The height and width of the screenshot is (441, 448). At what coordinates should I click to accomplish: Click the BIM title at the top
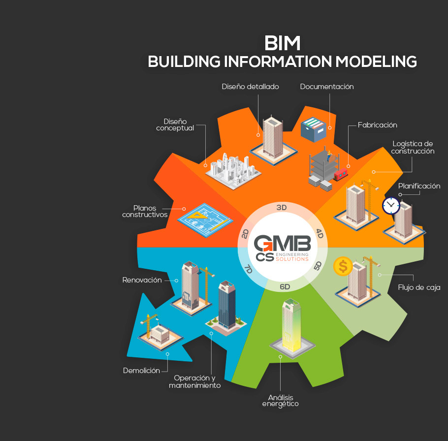282,43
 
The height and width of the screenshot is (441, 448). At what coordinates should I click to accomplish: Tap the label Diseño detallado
250,87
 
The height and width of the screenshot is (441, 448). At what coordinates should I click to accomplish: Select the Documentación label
327,87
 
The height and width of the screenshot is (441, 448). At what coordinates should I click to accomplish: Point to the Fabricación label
378,125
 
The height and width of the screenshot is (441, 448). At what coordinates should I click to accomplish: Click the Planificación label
419,186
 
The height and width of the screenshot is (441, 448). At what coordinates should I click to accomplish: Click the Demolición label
141,371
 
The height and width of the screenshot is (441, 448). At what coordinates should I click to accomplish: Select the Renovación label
142,280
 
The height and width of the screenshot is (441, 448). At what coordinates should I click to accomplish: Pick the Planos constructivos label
145,211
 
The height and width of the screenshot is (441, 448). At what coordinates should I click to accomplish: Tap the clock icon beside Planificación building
391,205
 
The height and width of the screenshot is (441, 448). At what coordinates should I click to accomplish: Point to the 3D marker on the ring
282,208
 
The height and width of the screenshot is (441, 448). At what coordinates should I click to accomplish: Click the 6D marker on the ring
285,286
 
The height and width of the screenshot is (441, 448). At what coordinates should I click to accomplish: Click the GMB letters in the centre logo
282,243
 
